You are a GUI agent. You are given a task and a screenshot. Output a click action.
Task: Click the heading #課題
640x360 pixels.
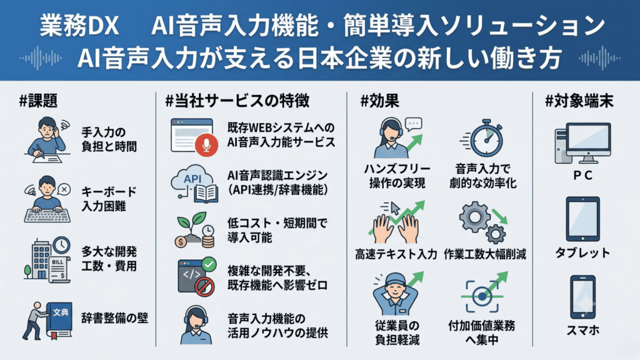coord(38,101)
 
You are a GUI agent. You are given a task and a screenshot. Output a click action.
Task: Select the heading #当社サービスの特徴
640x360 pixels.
coord(237,101)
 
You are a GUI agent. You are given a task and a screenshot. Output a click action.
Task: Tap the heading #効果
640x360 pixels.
coord(379,101)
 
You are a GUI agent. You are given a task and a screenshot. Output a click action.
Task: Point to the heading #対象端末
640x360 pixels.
coord(579,101)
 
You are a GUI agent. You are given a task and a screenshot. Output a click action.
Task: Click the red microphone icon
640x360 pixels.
coord(206,145)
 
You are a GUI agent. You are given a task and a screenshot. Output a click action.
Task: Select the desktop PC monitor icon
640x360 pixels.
coord(583,143)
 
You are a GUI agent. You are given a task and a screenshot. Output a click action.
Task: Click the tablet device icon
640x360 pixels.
coord(582,219)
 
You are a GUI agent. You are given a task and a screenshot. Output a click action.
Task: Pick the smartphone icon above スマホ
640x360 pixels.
coord(582,297)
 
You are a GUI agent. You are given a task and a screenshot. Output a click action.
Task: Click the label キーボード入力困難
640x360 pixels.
coord(109,199)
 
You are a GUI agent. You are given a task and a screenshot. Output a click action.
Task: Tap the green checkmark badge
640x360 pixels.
coord(209,264)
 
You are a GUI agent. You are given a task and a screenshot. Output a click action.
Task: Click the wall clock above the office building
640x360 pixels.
coord(61,244)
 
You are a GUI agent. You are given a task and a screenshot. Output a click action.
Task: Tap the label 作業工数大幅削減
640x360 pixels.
coord(484,254)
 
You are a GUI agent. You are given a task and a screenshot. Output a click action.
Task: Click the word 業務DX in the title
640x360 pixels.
coord(79,26)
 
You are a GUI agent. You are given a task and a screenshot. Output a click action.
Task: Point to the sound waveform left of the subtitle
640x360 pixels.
coord(41,58)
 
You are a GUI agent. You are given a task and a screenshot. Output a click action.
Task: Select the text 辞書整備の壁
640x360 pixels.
coord(115,318)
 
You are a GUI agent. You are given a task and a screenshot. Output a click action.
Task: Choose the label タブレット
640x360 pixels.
coord(582,252)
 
